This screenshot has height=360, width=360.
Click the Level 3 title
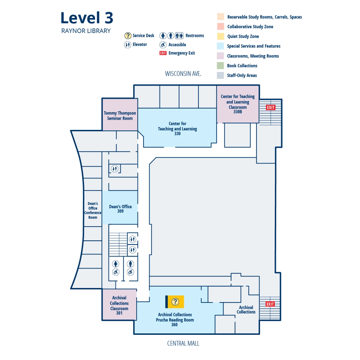(x=87, y=18)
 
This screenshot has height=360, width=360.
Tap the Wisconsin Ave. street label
(x=183, y=74)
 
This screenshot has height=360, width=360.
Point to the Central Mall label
(x=183, y=343)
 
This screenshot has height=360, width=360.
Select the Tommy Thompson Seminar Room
(x=120, y=115)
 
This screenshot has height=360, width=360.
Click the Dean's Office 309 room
(x=120, y=208)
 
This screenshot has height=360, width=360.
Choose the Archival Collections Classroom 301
(x=119, y=305)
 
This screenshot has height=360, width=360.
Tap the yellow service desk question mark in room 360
(x=175, y=302)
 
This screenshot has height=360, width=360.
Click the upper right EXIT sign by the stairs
(x=271, y=107)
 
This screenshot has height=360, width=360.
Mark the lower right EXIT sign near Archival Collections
(x=270, y=304)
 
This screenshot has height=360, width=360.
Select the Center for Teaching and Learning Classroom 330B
(x=238, y=104)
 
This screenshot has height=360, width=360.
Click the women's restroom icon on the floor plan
(x=116, y=264)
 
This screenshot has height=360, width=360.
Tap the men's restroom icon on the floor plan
(x=130, y=264)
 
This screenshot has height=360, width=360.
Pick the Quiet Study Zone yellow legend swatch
(x=220, y=36)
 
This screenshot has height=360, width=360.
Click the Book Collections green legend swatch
(x=220, y=66)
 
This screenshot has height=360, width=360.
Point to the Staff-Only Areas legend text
(x=242, y=76)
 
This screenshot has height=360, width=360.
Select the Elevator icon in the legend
(x=127, y=45)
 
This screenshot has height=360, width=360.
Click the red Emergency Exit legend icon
(x=163, y=53)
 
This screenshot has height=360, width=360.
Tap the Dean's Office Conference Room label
(x=93, y=210)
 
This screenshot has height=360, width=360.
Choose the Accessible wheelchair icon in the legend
(x=163, y=45)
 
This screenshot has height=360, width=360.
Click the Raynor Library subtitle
(x=86, y=31)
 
